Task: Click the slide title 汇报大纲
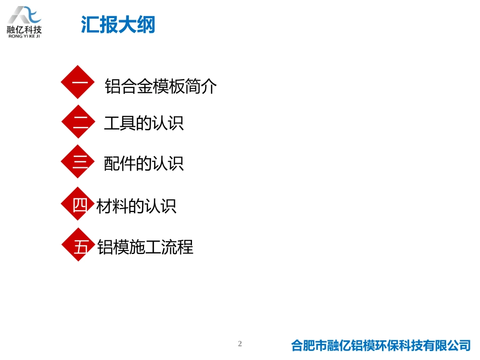[x=118, y=25]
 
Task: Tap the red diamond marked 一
[x=78, y=82]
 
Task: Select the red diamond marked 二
[x=78, y=122]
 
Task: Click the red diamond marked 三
[x=78, y=162]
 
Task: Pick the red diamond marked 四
[x=78, y=204]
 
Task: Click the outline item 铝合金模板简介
[x=161, y=86]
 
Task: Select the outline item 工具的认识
[x=143, y=123]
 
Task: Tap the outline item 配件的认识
[x=143, y=163]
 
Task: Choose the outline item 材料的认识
[x=136, y=206]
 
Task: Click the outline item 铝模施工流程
[x=145, y=247]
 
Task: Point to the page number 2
[x=240, y=344]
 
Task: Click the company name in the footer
[x=381, y=345]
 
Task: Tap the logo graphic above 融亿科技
[x=24, y=15]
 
